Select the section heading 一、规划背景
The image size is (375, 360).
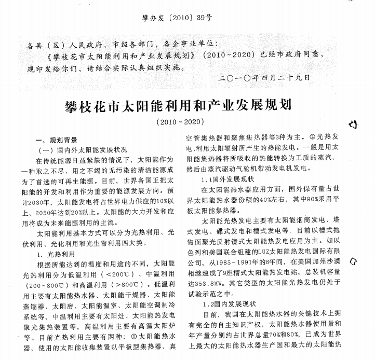click(x=56, y=140)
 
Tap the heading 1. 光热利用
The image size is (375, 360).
click(x=57, y=255)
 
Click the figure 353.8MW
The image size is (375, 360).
click(x=207, y=283)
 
